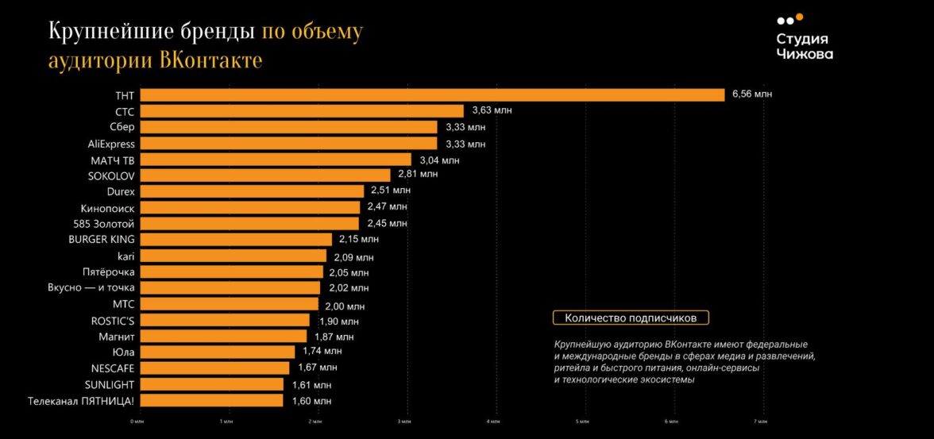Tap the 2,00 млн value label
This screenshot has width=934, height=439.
pos(345,306)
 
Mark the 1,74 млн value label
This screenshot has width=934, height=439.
pos(322,351)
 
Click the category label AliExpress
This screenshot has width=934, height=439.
pos(112,144)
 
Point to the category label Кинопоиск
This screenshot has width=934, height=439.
pos(108,208)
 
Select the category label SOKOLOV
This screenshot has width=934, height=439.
pos(111,175)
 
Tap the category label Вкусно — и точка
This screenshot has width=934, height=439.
pos(92,287)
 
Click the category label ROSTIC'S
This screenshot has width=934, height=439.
pos(113,320)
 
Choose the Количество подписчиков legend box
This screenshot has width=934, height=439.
pos(631,318)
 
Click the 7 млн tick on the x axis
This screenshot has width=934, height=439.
pos(762,422)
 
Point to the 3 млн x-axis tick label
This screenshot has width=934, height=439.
pos(403,422)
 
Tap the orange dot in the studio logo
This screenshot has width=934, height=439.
pos(799,17)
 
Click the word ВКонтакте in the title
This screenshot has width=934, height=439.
pos(210,60)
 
